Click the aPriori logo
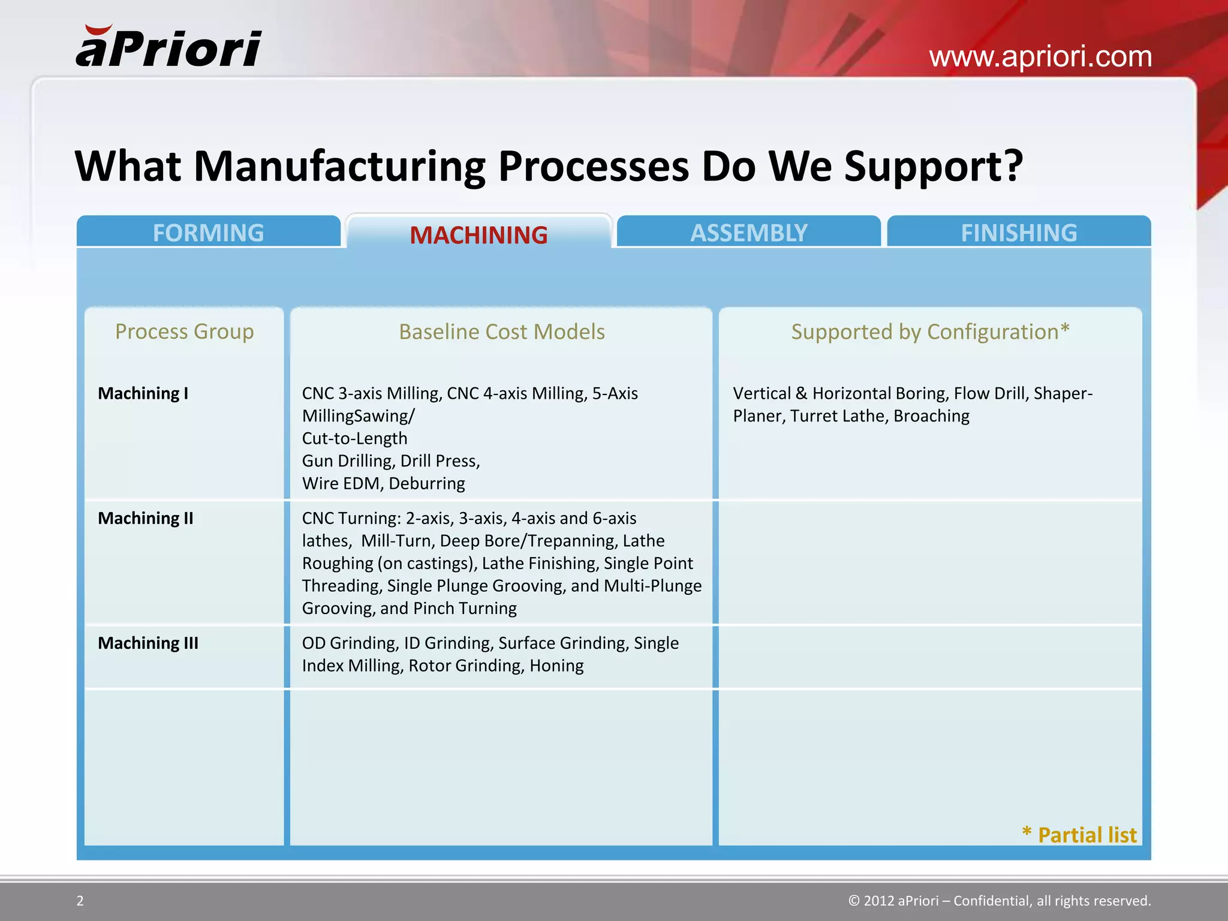168,47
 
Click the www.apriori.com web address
1040,57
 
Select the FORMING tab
208,233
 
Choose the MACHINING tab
478,234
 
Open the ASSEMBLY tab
748,233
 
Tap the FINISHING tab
1019,233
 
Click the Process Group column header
184,332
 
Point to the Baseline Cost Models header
502,332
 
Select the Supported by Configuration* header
930,332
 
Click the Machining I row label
143,393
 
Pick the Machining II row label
146,518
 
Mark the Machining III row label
148,643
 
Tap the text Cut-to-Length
354,438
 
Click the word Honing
556,666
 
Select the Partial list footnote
1079,835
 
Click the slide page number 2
80,901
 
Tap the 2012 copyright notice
1000,901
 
